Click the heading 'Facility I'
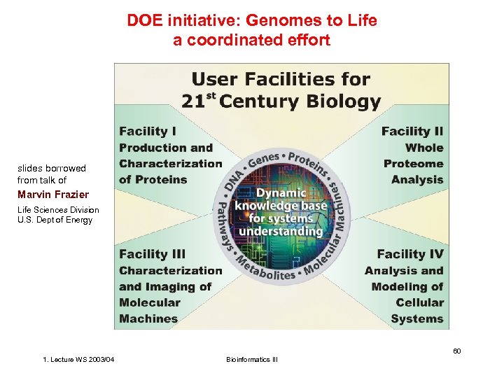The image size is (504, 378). pos(148,132)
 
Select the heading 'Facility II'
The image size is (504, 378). pos(412,132)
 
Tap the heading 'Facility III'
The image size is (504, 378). pos(153,255)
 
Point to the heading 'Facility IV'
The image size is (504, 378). pos(410,255)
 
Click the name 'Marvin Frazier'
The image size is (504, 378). pos(53,195)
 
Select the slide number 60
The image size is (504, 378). pos(456,350)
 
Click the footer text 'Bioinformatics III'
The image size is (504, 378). pos(252,360)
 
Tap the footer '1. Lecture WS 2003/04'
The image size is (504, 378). pos(79,360)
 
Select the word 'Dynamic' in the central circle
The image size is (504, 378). pos(280,192)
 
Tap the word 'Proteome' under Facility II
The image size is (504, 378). pos(414,164)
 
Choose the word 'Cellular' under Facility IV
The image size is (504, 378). pos(419,303)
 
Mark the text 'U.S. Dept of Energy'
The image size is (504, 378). pos(55,220)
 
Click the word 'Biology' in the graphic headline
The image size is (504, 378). pos(342,101)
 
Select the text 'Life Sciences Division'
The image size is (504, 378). pos(58,210)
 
